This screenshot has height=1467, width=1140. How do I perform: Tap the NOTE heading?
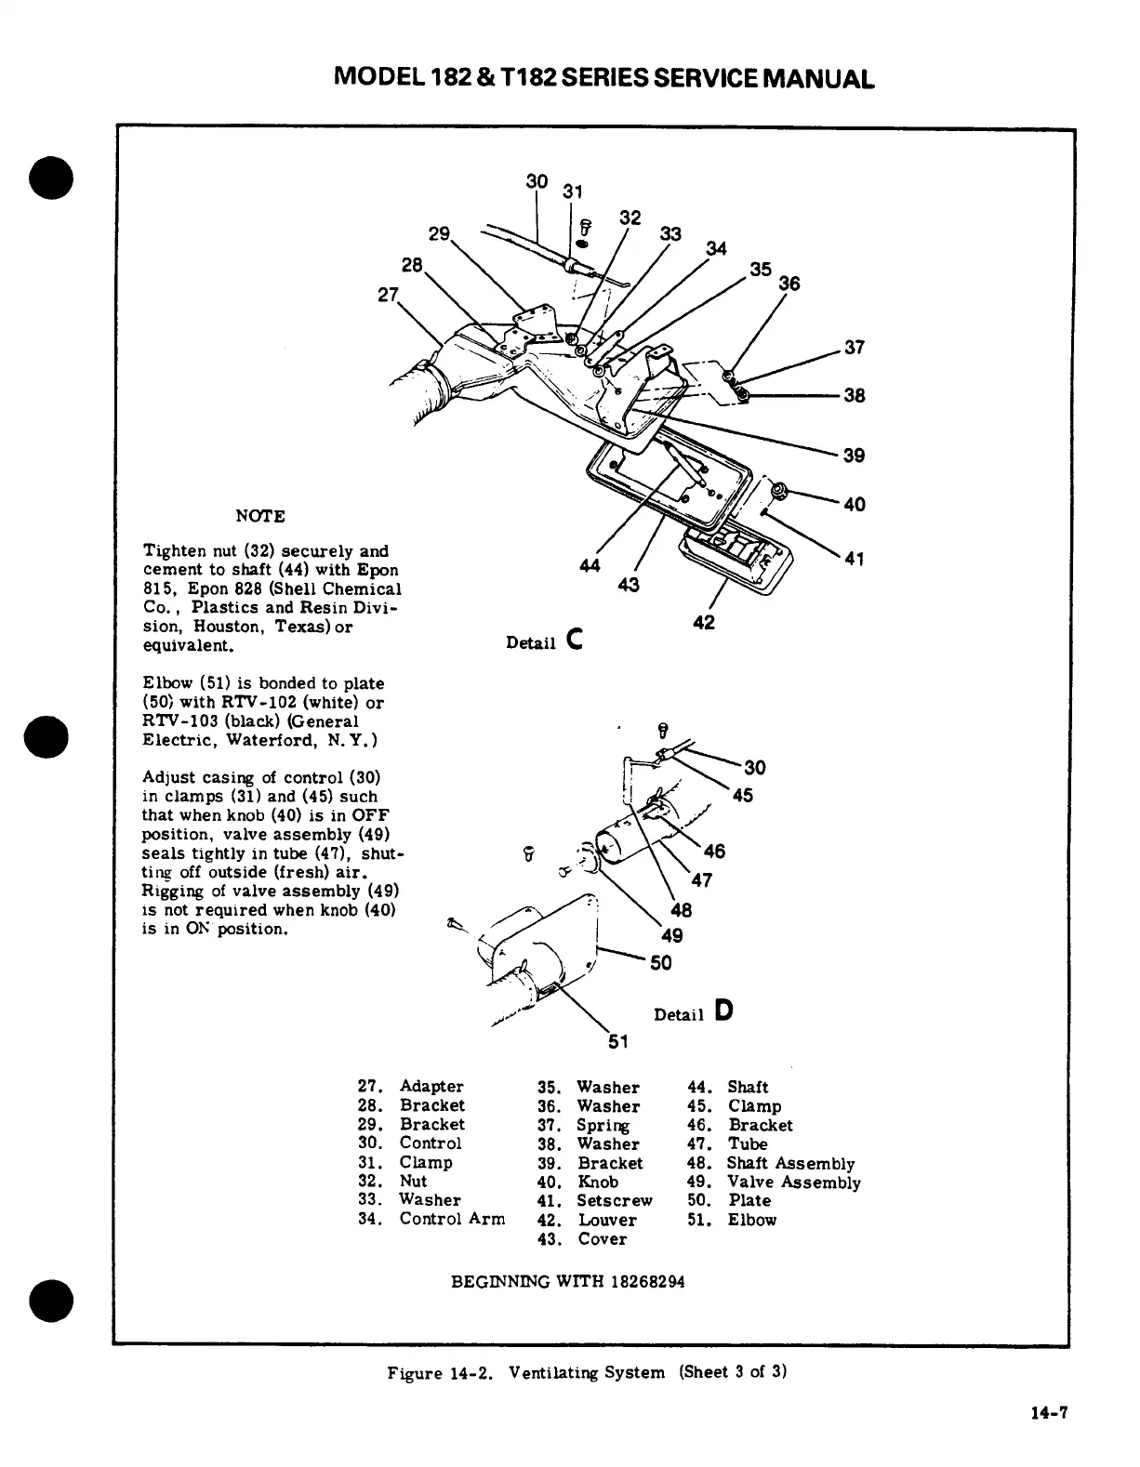(260, 516)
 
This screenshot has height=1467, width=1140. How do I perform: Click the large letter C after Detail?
(574, 640)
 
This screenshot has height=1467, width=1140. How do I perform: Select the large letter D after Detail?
(724, 1011)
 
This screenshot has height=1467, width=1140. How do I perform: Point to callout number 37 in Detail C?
(854, 348)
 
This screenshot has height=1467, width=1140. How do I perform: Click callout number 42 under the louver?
(704, 622)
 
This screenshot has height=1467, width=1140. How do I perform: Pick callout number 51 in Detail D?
(618, 1041)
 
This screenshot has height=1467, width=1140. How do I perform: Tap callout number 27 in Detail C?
(388, 296)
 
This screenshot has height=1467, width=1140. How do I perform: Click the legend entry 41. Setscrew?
(595, 1200)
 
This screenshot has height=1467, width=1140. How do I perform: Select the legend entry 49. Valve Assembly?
(774, 1182)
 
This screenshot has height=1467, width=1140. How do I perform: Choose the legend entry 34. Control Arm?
(431, 1219)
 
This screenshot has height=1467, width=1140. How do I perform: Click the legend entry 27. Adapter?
(410, 1086)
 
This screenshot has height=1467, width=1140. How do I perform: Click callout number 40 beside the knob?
(854, 504)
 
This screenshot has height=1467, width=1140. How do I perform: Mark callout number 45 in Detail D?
(742, 796)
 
